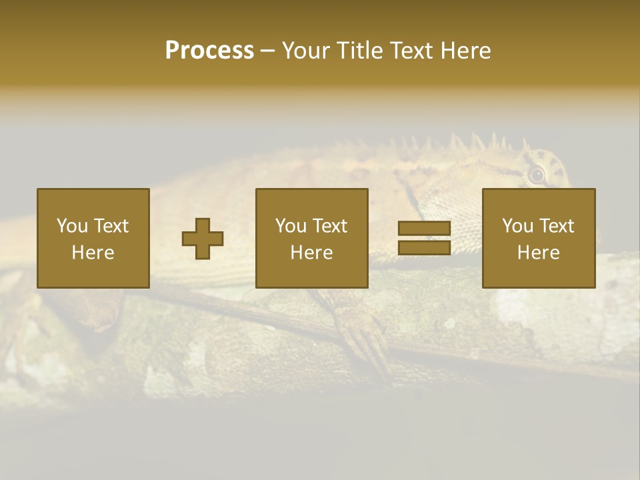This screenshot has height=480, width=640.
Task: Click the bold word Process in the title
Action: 209,51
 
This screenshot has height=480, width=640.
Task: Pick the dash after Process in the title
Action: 267,51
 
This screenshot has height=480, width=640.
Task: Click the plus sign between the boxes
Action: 203,239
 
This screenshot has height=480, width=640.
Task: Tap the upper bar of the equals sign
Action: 424,229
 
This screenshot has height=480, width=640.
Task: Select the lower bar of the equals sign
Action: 424,248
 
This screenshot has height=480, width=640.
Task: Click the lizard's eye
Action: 536,175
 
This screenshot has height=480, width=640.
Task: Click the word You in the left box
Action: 72,226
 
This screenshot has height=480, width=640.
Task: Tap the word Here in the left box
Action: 93,253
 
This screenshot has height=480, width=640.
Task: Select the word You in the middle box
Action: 291,226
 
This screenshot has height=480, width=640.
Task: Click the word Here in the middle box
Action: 311,253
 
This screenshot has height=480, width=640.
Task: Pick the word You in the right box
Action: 517,226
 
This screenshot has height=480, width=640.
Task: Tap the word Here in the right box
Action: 538,253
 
